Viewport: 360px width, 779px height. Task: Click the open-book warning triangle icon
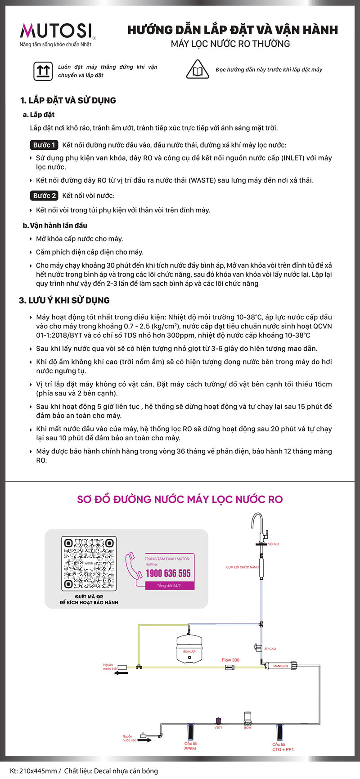pos(197,70)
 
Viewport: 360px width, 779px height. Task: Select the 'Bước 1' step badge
pos(45,145)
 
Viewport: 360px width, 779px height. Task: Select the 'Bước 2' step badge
pos(45,196)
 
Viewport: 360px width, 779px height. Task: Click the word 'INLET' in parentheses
pos(293,158)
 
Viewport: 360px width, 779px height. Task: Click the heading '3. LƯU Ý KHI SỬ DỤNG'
pos(64,300)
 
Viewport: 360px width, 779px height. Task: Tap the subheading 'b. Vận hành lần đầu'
pos(55,225)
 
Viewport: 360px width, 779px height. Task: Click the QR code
pos(89,564)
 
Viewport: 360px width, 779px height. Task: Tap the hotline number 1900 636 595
pos(168,573)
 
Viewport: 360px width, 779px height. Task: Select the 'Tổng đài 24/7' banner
pos(169,586)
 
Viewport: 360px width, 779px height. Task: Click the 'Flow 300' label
pos(230,660)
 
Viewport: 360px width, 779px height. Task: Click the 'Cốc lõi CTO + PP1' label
pos(283,747)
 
